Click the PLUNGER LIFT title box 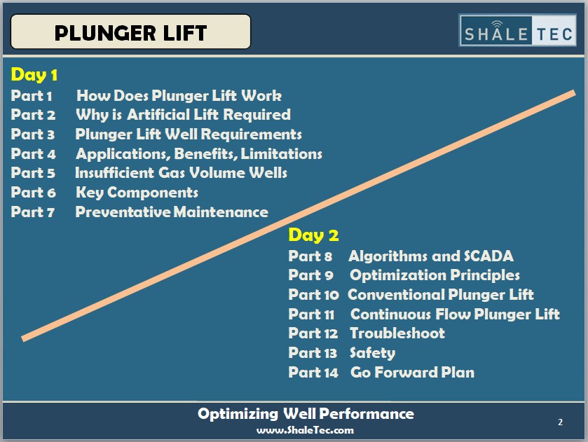coord(130,32)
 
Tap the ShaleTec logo coord(517,30)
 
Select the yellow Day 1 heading coord(34,75)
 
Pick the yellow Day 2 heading coord(313,235)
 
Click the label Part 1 coord(31,95)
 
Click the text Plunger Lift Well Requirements coord(189,134)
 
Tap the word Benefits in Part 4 coord(206,154)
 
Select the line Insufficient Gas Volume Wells coord(181,173)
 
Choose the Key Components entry coord(137,193)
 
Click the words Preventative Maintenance coord(172,212)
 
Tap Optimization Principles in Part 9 coord(435,275)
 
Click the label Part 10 coord(313,295)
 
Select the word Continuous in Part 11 coord(390,314)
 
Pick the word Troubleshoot coord(397,333)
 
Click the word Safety coord(372,353)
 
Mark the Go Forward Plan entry coord(413,372)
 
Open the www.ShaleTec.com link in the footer coord(306,430)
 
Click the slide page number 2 coord(560,422)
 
